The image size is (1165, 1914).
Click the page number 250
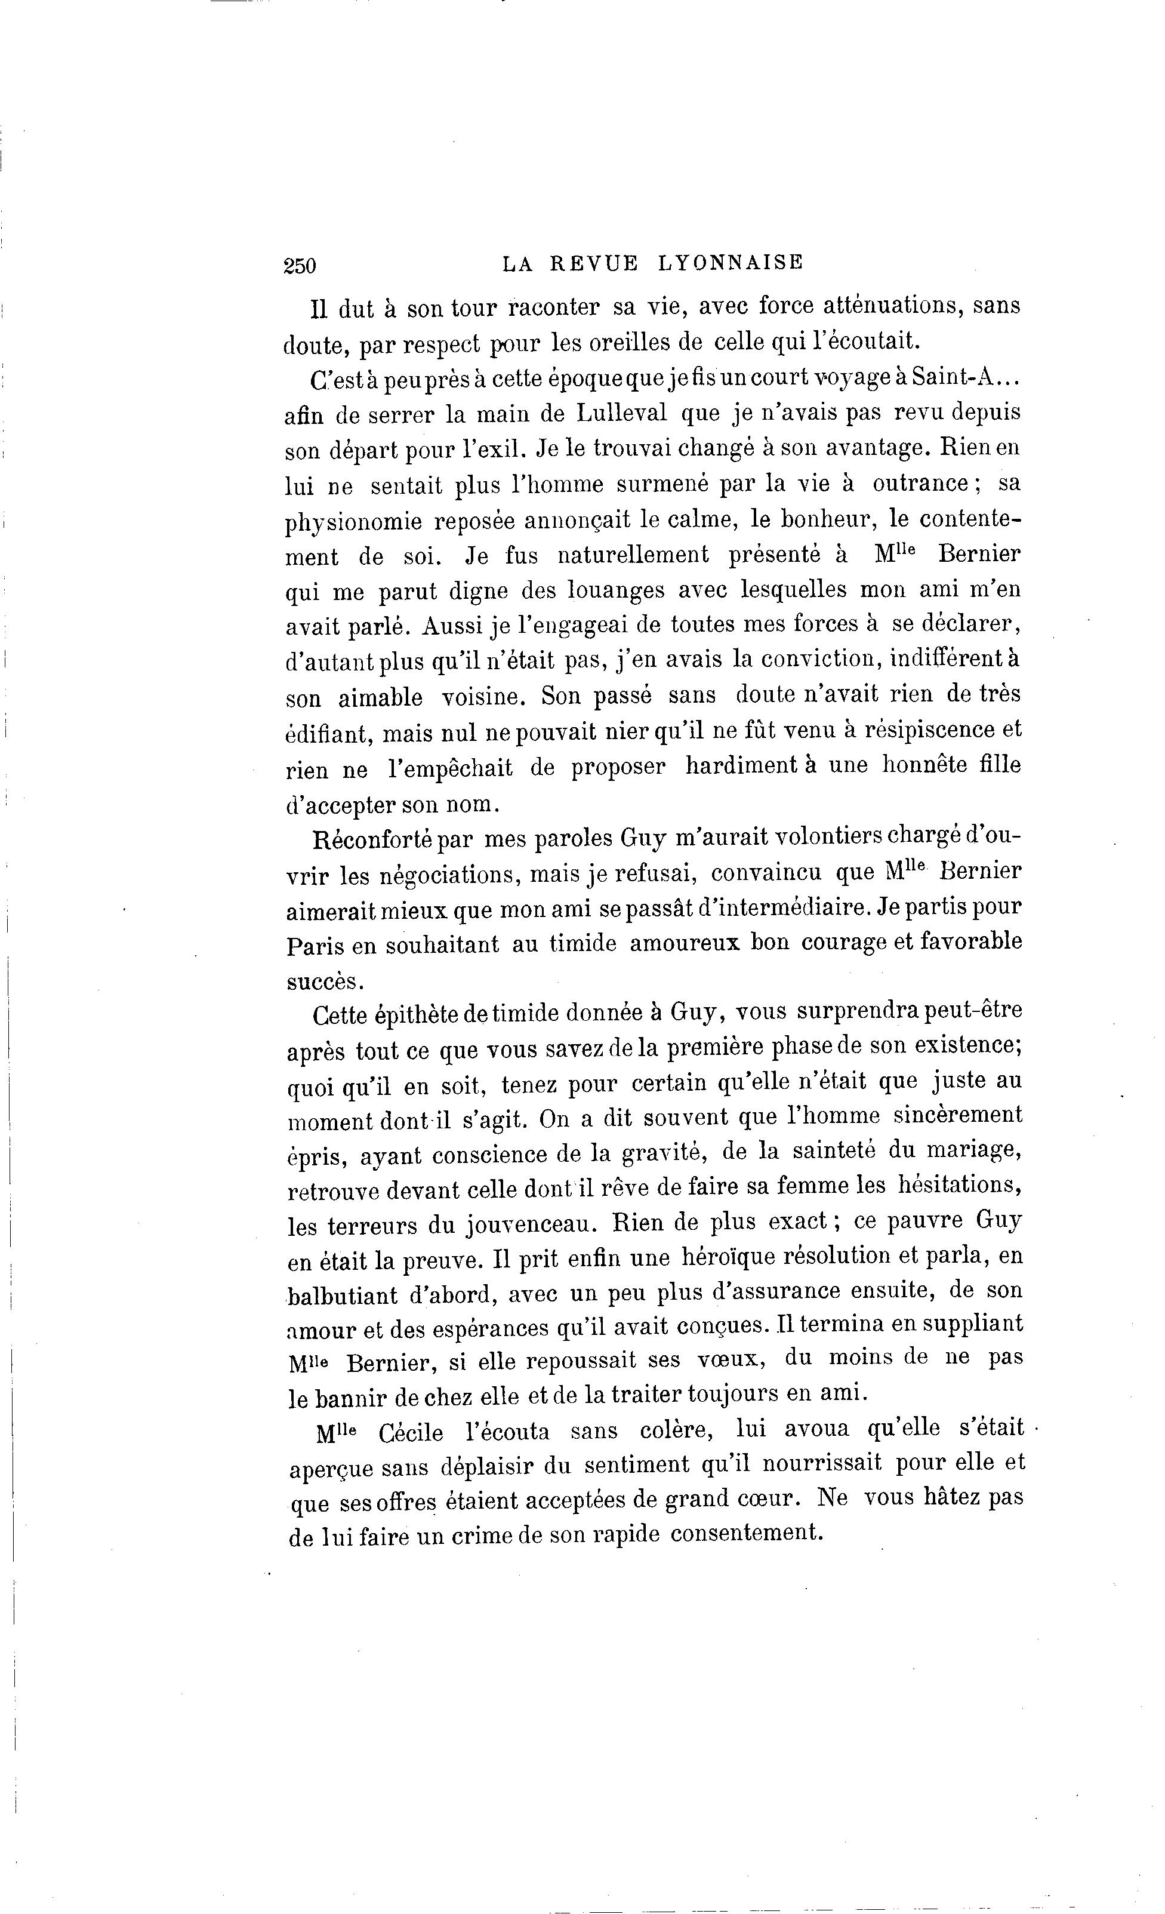[x=300, y=266]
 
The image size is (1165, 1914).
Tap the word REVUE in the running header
[x=594, y=263]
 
